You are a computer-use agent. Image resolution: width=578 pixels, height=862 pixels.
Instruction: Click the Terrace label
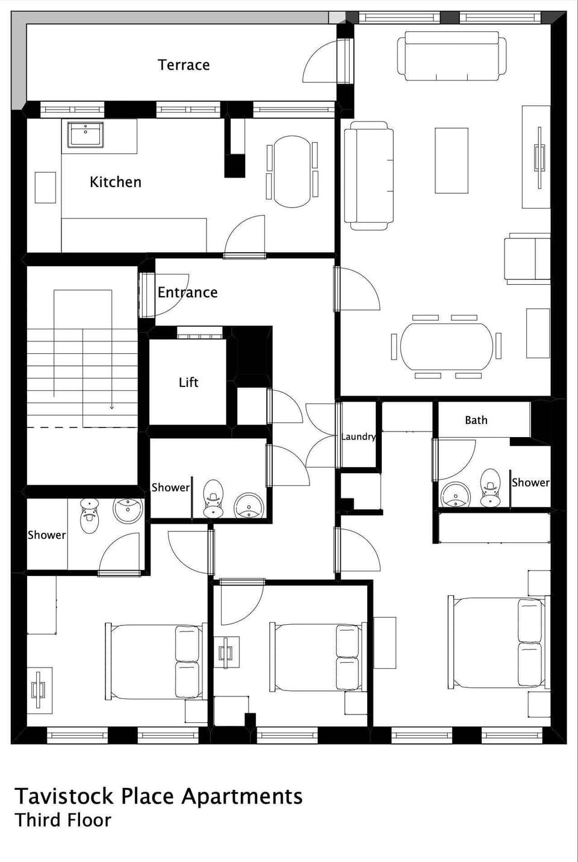(x=184, y=65)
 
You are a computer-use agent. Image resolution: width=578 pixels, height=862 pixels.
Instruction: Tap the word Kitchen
(x=116, y=182)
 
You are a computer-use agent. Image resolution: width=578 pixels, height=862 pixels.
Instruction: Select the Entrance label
(x=187, y=293)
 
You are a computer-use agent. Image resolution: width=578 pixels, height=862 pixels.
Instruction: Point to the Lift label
(x=188, y=382)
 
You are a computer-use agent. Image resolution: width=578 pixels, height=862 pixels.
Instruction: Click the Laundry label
(x=358, y=436)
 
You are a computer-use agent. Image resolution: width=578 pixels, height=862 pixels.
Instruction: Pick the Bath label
(x=476, y=420)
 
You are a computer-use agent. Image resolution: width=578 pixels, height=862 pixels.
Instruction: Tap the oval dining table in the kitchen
(x=291, y=172)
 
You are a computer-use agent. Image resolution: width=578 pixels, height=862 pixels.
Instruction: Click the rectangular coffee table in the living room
(x=451, y=160)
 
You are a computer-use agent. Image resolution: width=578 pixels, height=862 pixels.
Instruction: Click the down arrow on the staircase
(x=112, y=406)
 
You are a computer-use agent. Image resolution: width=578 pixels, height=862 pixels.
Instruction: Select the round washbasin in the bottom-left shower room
(x=128, y=510)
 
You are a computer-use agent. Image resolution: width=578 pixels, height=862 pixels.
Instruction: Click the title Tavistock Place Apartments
(x=158, y=796)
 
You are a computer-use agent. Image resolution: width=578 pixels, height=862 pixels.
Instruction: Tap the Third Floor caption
(x=63, y=820)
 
